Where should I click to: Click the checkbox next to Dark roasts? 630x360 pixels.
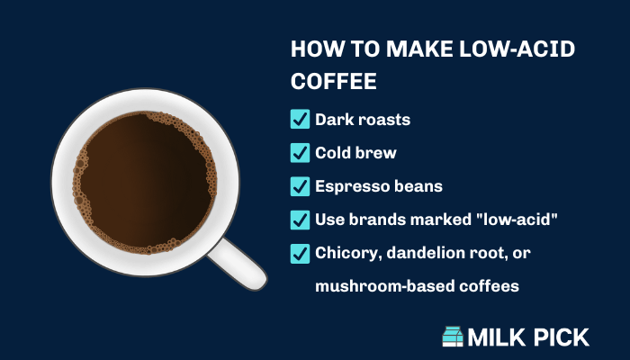[x=300, y=119]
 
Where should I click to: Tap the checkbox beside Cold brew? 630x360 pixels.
[x=300, y=153]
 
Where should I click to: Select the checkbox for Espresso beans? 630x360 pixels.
[x=300, y=186]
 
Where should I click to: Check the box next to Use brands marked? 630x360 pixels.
[x=300, y=220]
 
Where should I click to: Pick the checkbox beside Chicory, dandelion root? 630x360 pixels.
[x=300, y=254]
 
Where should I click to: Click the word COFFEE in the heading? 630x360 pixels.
[x=334, y=81]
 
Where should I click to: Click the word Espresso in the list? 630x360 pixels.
[x=346, y=186]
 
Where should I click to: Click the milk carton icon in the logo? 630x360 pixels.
[x=453, y=337]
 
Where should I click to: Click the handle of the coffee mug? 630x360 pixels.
[x=238, y=264]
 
